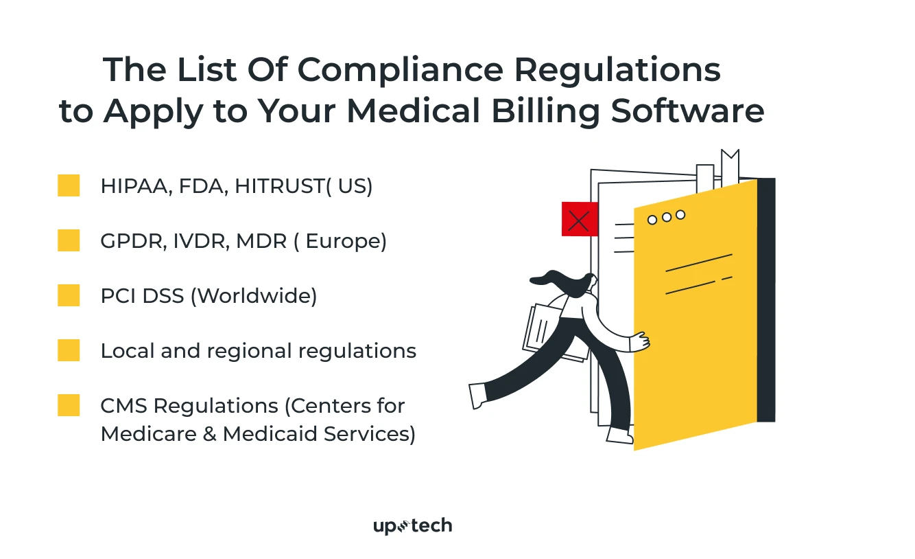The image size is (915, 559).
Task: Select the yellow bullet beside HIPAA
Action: (69, 185)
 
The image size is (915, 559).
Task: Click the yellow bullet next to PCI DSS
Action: (69, 295)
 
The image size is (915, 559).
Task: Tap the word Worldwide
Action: (253, 296)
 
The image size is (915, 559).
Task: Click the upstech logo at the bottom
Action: (412, 526)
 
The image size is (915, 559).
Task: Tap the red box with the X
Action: (579, 220)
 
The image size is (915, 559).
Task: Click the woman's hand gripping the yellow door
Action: (639, 341)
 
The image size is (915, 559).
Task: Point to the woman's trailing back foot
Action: (477, 395)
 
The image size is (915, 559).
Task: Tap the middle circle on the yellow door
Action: (666, 217)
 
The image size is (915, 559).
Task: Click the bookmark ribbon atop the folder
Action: (730, 165)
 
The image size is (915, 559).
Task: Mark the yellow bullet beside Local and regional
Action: (69, 350)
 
